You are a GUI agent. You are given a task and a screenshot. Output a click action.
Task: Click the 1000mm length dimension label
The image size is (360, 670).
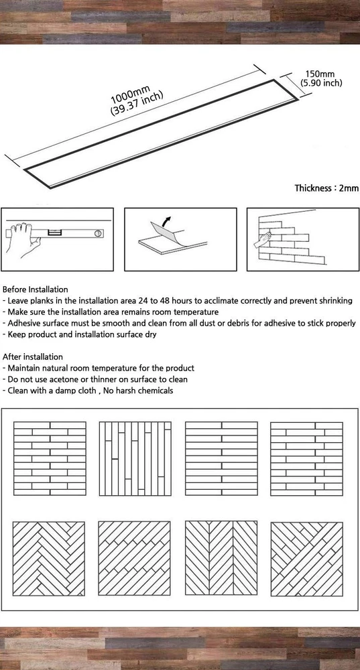coord(131,93)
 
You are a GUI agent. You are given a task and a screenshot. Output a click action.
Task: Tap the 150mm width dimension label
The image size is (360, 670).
coord(319,74)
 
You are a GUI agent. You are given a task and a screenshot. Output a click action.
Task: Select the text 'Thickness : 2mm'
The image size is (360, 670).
coord(326,188)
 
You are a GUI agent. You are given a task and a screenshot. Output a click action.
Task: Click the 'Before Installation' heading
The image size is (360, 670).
coord(35,289)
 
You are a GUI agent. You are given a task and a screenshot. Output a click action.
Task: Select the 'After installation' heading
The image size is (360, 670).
coord(32,357)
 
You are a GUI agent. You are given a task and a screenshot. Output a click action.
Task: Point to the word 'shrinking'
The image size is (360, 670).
coord(336,301)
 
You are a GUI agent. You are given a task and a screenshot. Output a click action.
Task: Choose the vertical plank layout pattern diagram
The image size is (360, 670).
coord(135,458)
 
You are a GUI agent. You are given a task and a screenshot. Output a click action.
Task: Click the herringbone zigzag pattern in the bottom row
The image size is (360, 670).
coord(49,558)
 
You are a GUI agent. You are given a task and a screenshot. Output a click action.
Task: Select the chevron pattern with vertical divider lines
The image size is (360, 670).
coord(221,557)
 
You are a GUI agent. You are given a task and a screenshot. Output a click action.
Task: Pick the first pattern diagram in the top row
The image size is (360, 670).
coord(50,458)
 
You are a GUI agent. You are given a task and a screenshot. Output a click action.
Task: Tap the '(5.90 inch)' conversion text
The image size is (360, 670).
coord(321,83)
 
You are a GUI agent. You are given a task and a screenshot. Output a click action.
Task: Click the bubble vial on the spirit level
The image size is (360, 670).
coord(54,233)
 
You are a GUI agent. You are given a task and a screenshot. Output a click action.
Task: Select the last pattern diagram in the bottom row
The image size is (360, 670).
coord(306,559)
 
